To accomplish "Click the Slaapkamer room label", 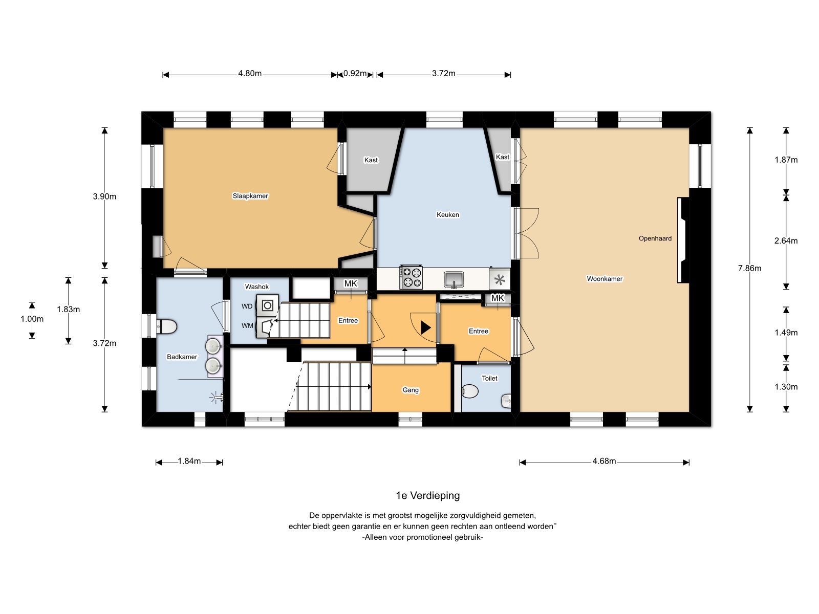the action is (x=250, y=196).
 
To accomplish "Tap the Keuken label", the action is (x=448, y=214).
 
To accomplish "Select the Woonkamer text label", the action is (x=605, y=278).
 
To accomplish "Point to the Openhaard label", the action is (x=655, y=238).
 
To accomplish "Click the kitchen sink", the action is (x=454, y=279).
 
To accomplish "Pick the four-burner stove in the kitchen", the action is (x=411, y=277).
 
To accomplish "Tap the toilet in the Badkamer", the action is (x=166, y=326).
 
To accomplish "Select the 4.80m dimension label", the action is (x=250, y=74).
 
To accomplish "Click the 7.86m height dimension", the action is (x=749, y=268).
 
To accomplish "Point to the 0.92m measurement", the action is (x=355, y=74).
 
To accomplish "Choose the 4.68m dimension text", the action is (x=604, y=461).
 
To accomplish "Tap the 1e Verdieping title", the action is (x=427, y=495).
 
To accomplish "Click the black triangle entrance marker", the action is (x=426, y=327).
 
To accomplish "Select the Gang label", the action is (x=411, y=390).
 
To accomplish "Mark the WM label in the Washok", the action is (x=247, y=325).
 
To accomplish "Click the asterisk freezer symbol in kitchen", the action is (x=500, y=279).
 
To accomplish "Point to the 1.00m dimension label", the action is (x=32, y=319).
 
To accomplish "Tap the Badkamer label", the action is (x=182, y=357).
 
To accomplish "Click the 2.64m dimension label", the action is (x=786, y=241).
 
